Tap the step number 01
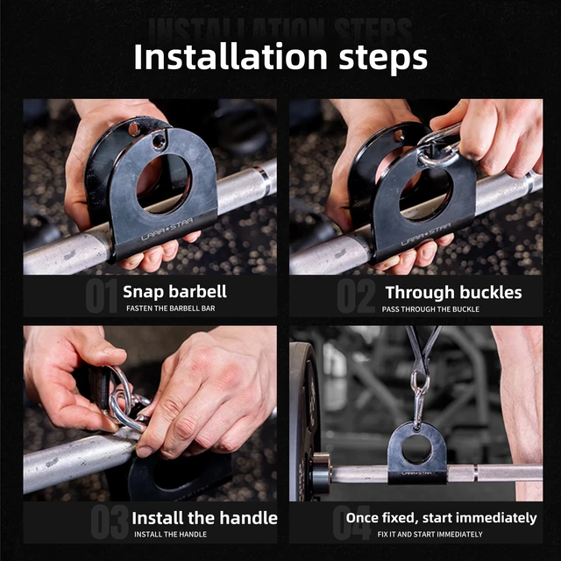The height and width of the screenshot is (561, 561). click(101, 297)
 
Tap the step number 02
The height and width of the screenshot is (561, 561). click(357, 297)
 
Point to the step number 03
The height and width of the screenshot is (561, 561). click(109, 522)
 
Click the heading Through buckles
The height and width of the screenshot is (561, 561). click(453, 293)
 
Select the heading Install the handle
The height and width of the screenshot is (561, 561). click(204, 517)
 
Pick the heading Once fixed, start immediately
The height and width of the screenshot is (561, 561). click(441, 517)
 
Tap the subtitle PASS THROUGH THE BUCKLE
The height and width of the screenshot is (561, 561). click(430, 309)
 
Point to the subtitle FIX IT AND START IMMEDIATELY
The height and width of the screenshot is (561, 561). click(430, 534)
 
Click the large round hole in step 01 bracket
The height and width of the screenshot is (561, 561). click(162, 184)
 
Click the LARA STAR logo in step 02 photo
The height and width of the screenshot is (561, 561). click(427, 239)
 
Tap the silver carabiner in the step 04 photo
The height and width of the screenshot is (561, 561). click(420, 399)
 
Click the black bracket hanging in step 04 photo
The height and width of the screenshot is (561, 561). click(417, 452)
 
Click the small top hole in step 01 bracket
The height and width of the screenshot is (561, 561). click(158, 140)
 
